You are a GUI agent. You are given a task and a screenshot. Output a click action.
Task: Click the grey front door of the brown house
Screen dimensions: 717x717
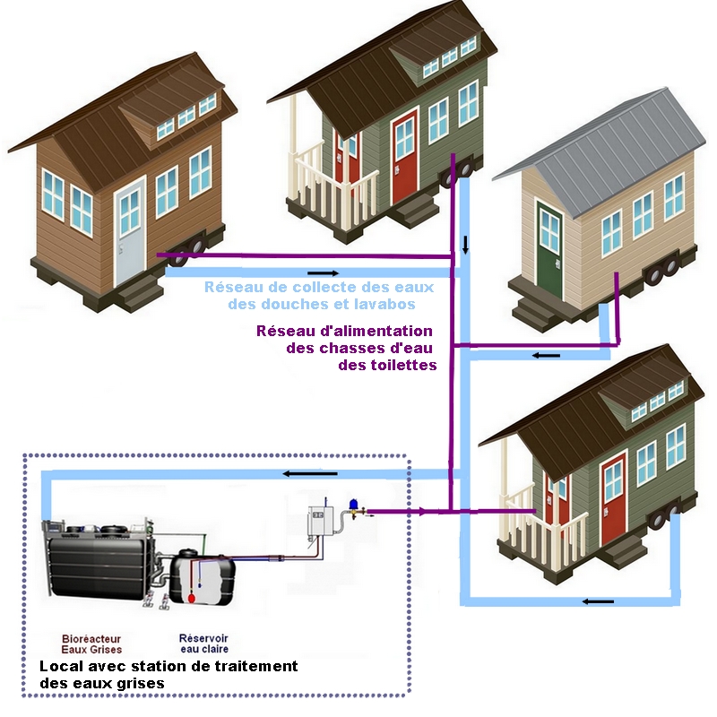[129, 229]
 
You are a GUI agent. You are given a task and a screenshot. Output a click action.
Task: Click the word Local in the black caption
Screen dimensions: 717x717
[61, 667]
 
